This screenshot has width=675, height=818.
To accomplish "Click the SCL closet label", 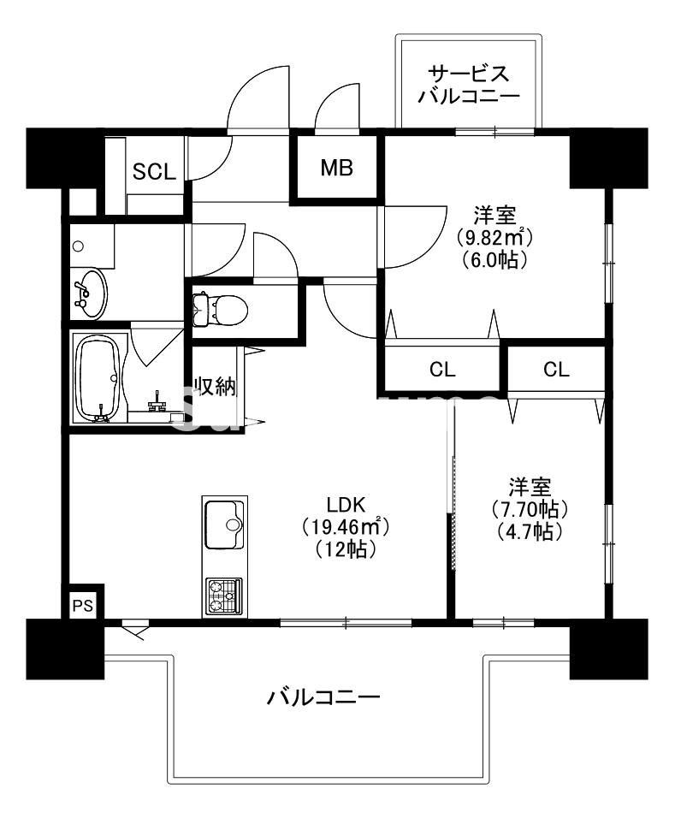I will [x=154, y=172].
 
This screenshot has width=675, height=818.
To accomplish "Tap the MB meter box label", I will [x=336, y=168].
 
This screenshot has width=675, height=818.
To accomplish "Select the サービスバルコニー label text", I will [x=469, y=84].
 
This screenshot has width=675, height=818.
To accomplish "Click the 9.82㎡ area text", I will [x=489, y=236].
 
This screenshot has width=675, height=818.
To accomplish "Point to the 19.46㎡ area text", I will [x=340, y=526].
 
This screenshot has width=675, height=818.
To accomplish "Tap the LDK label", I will [x=340, y=503].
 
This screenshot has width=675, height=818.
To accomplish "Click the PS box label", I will [x=83, y=606].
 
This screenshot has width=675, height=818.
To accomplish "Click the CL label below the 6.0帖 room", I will [x=442, y=370].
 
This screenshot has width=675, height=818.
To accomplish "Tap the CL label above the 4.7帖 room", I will [x=556, y=370].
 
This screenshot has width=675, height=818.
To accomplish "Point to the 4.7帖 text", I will [x=528, y=531].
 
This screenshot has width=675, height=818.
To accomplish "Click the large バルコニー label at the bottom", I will [x=323, y=697].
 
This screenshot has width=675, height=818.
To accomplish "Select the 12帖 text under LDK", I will [x=340, y=550].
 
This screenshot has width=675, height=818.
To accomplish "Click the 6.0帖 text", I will [x=489, y=259].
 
